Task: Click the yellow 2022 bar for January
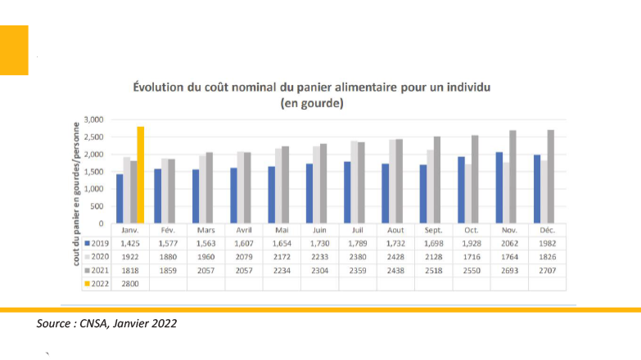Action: click(x=141, y=175)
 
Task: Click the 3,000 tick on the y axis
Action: click(x=93, y=119)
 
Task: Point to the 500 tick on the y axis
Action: click(x=96, y=206)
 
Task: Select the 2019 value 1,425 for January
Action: click(x=130, y=244)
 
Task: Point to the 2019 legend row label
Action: click(x=96, y=244)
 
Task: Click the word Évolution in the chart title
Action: click(x=159, y=86)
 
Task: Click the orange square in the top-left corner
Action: click(x=14, y=50)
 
